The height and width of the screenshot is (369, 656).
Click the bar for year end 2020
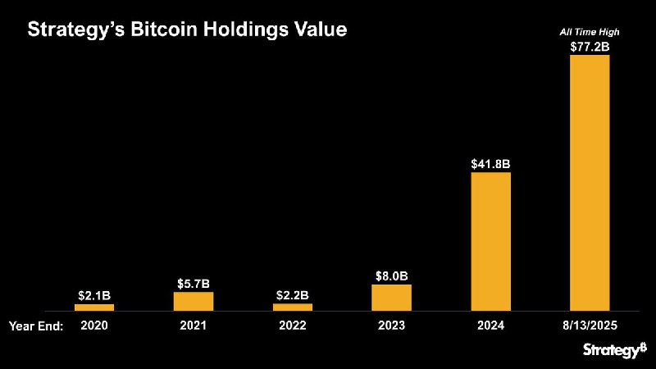94,307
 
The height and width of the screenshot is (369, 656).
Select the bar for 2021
194,301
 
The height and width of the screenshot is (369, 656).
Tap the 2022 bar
293,307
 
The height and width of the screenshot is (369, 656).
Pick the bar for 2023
391,298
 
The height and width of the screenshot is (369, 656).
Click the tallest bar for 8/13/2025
590,183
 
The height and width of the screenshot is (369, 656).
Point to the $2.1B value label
94,294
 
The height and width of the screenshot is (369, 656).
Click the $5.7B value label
194,283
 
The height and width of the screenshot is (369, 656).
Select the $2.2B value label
293,294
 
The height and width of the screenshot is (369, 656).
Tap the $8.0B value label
391,276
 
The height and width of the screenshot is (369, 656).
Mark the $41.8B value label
490,164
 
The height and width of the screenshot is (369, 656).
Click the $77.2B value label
590,47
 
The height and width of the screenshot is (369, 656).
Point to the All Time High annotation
590,32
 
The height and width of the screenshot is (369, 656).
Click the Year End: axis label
36,326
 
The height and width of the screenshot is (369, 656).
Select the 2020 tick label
94,326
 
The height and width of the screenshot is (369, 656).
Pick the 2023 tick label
391,326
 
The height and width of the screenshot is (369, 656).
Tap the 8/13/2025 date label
590,326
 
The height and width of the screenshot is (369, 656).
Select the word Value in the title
320,30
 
